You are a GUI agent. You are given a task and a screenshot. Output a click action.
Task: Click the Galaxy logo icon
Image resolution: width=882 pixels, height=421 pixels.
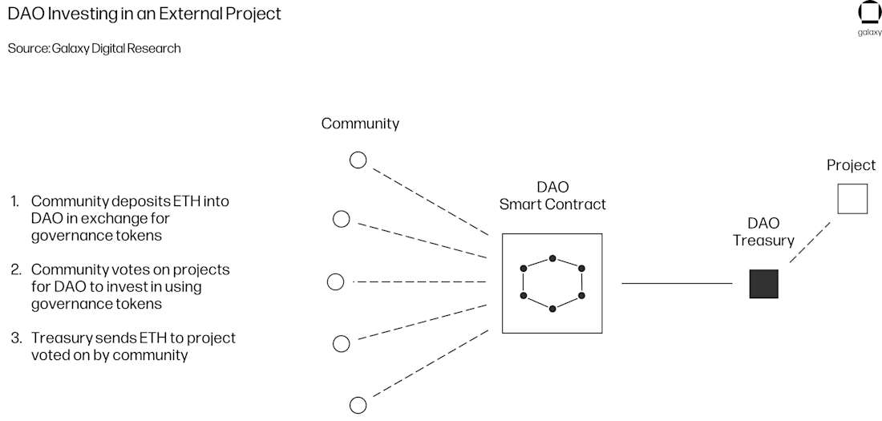(869, 14)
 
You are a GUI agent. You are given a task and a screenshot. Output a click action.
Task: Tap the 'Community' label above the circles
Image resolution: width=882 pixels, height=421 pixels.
(360, 123)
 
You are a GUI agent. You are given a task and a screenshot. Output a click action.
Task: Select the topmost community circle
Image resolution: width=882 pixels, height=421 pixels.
(358, 160)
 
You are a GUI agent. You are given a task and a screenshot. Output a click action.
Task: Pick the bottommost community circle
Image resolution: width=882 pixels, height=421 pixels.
(358, 405)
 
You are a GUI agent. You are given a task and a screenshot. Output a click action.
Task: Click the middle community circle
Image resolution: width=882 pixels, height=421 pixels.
(336, 281)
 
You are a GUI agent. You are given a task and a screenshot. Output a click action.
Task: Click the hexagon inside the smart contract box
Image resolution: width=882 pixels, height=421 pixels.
(552, 283)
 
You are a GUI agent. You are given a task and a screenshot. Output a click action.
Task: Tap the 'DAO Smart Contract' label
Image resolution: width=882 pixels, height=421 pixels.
(552, 195)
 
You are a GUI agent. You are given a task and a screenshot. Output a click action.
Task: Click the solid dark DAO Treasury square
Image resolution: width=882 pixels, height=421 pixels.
(763, 284)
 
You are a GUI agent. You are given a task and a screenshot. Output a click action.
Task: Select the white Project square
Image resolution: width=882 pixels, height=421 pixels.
(852, 198)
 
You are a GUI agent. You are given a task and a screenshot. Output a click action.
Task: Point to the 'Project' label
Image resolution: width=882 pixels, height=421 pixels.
(852, 165)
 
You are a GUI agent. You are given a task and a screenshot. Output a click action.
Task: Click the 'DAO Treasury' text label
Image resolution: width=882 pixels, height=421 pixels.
(763, 232)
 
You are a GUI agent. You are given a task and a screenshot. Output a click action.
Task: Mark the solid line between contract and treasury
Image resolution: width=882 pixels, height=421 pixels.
(677, 283)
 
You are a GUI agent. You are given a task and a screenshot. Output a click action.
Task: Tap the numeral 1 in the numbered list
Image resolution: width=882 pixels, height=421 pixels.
(14, 201)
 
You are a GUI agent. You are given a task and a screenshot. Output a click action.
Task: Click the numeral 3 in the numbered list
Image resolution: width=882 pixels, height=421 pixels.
(15, 338)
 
